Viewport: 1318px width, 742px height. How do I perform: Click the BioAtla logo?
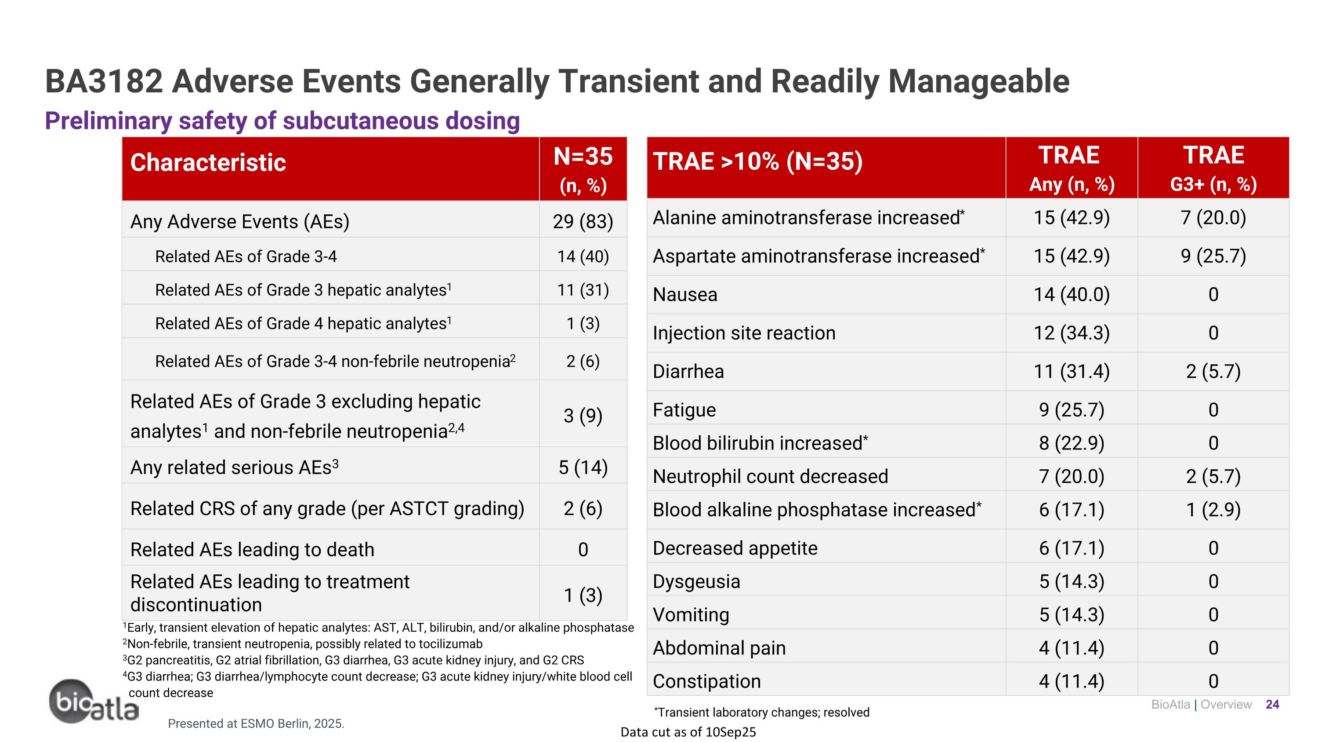[93, 702]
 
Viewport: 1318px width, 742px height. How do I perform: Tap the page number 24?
[1272, 705]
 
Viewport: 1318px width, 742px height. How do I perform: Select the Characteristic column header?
[208, 163]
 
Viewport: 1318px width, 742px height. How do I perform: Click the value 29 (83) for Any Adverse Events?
[583, 221]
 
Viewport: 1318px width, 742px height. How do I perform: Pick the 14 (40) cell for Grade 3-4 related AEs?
[583, 256]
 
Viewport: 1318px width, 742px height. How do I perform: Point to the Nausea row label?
[684, 294]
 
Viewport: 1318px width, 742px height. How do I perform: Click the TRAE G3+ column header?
[1213, 168]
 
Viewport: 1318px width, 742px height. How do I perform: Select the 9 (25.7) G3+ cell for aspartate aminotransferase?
[1213, 256]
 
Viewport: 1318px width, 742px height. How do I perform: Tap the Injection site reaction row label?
[743, 333]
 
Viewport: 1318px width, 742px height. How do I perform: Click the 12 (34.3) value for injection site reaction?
[1072, 333]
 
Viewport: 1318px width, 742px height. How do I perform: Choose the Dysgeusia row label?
[696, 581]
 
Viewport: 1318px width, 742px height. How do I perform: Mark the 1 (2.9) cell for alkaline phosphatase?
[1213, 509]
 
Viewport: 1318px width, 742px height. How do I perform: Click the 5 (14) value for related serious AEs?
[583, 467]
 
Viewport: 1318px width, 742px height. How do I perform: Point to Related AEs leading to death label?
[252, 549]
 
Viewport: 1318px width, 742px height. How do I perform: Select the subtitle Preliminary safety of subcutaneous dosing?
[282, 121]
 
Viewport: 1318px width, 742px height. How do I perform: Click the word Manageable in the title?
[978, 81]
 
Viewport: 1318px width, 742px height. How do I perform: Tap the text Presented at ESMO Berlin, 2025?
[256, 724]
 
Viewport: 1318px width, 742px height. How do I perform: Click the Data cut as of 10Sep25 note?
[688, 732]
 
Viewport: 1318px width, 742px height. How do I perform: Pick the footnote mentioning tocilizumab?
[302, 643]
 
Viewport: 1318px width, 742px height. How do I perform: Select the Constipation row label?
[706, 681]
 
